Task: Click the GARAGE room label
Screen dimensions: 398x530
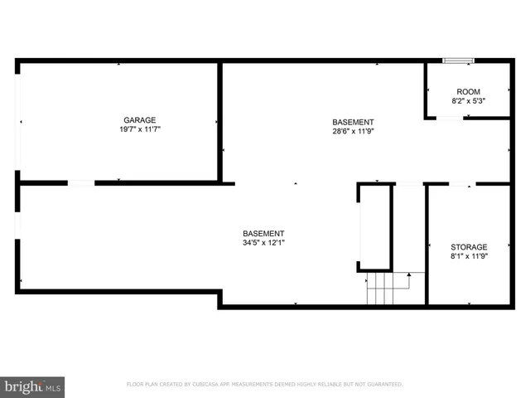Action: tap(139, 120)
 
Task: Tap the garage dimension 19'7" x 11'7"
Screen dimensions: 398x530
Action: tap(139, 129)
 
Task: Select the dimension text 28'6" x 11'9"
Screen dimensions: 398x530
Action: tap(353, 130)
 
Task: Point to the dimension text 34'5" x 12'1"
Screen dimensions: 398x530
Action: tap(263, 243)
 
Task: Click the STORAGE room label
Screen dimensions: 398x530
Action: tap(468, 247)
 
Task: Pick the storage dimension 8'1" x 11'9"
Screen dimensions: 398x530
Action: tap(468, 256)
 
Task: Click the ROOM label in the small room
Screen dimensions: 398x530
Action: tap(468, 91)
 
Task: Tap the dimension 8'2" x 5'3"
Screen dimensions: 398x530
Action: tap(468, 101)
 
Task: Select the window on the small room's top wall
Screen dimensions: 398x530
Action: tap(457, 61)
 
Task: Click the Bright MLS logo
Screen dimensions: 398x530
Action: tap(33, 386)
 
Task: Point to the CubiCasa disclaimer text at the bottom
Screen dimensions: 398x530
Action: tap(264, 384)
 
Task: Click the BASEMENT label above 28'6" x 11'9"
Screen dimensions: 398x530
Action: tap(353, 121)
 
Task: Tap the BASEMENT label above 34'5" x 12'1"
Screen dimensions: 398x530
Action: tap(263, 233)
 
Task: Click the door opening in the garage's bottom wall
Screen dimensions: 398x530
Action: tap(80, 182)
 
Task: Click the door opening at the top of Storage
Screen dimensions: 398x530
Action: tap(461, 183)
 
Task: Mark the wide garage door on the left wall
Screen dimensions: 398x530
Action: tap(17, 121)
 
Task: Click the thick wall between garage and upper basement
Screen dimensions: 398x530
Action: tap(220, 121)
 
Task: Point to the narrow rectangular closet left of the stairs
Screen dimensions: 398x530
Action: tap(374, 228)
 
